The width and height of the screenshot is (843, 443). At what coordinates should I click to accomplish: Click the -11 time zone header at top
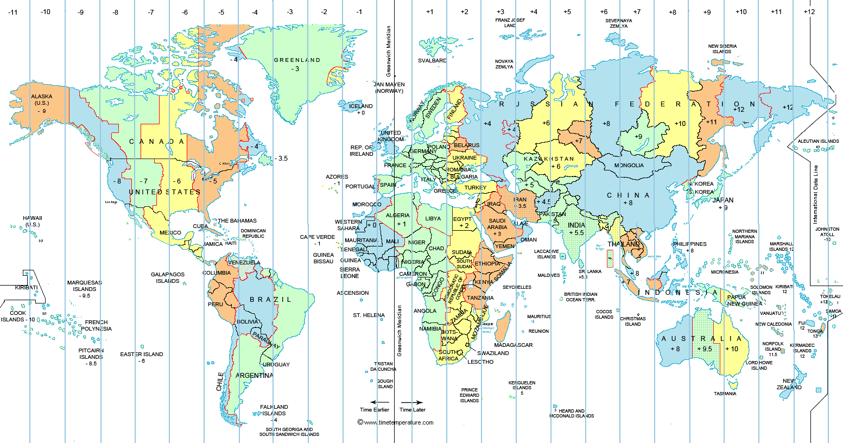(13, 12)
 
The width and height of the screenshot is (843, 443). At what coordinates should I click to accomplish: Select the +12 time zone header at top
(809, 12)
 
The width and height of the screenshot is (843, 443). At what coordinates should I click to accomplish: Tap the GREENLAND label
(297, 60)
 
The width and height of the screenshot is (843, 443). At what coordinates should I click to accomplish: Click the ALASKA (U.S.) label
(42, 100)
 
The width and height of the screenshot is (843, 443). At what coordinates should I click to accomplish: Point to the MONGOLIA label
(629, 166)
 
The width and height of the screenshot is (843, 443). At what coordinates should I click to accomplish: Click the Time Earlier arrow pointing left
(373, 402)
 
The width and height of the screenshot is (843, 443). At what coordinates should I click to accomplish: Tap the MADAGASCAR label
(513, 345)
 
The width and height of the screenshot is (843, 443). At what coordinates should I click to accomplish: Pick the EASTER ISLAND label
(141, 355)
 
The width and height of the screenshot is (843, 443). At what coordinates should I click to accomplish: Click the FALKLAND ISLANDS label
(274, 410)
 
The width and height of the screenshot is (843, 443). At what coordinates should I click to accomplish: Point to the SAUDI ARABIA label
(497, 224)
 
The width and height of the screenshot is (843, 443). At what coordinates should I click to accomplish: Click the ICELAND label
(361, 106)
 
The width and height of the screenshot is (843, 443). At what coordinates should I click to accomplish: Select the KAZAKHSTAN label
(549, 159)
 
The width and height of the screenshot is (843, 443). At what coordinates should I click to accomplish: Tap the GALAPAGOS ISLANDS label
(168, 278)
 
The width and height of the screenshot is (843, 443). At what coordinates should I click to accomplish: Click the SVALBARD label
(432, 61)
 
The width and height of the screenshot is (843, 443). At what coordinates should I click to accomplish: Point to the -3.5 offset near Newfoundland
(280, 159)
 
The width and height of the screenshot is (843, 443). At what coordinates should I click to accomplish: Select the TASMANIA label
(725, 394)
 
